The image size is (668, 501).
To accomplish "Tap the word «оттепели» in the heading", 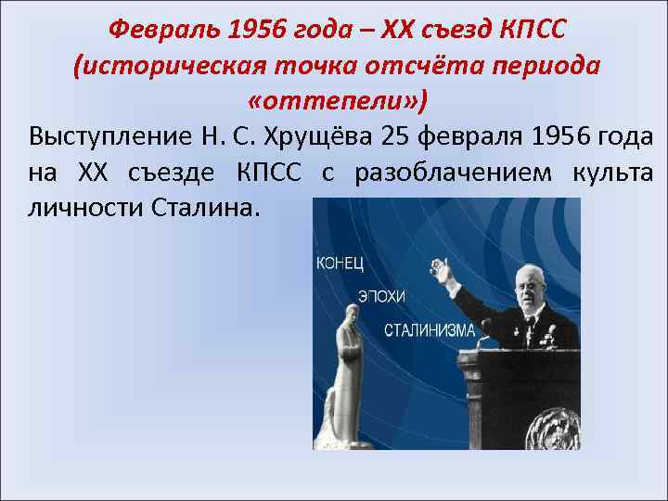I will (x=336, y=99).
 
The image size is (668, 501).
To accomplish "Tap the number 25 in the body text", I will (x=395, y=137).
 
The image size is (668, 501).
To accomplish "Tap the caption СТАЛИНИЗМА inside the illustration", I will (x=430, y=329).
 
